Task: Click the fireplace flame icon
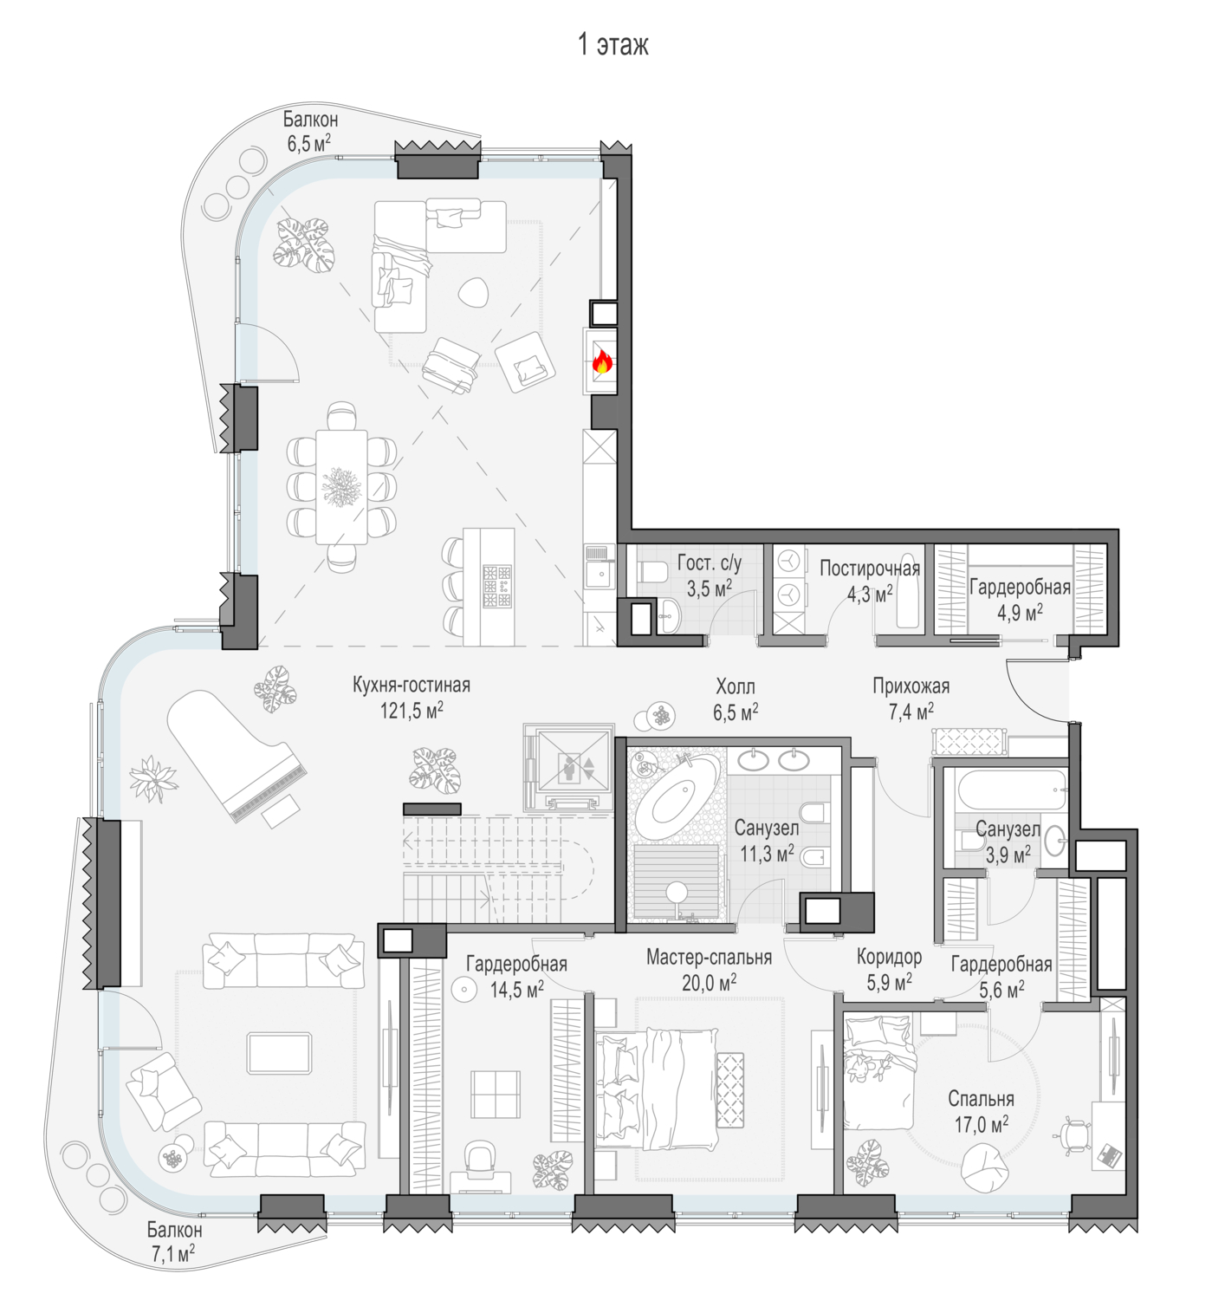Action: (x=601, y=361)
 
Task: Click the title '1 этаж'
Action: (x=612, y=45)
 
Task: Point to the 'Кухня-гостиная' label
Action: (x=411, y=686)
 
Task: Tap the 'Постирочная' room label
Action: (x=870, y=569)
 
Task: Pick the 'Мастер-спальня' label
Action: (x=709, y=957)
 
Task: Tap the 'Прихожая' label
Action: (x=911, y=686)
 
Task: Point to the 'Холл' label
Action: (x=736, y=686)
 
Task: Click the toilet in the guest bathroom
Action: (x=651, y=572)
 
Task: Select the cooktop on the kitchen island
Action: (x=496, y=587)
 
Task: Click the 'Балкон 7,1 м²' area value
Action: (x=172, y=1253)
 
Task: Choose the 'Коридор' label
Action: (x=890, y=957)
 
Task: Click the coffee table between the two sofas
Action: (x=280, y=1053)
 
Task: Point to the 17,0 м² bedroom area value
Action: (x=981, y=1125)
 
